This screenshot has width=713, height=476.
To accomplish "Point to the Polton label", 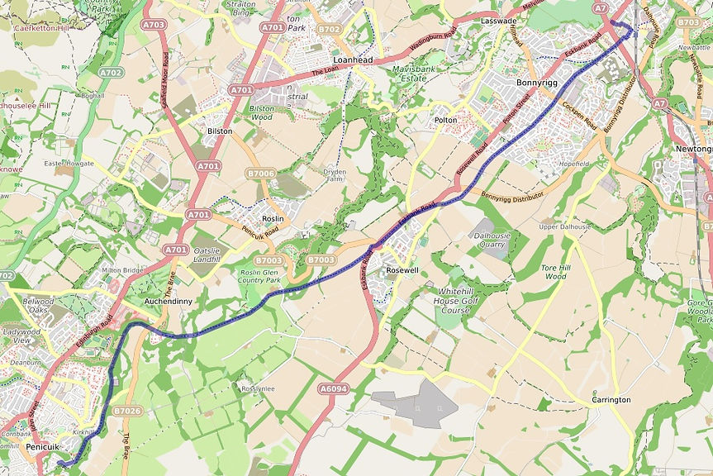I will click(x=445, y=120).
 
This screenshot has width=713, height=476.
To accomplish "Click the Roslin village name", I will click(x=273, y=218).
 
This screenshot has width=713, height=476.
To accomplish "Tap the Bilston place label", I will click(x=220, y=131).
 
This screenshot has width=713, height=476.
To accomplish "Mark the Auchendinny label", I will click(x=168, y=302).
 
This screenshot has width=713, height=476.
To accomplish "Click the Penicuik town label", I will click(x=44, y=446).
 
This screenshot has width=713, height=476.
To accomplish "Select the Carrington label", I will click(x=611, y=400).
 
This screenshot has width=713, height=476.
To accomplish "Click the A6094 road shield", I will click(x=333, y=388).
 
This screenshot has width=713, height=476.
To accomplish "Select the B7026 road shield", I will click(x=128, y=410).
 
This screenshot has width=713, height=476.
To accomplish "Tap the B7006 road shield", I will click(x=259, y=173).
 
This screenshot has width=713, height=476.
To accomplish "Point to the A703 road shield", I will click(x=154, y=25).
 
